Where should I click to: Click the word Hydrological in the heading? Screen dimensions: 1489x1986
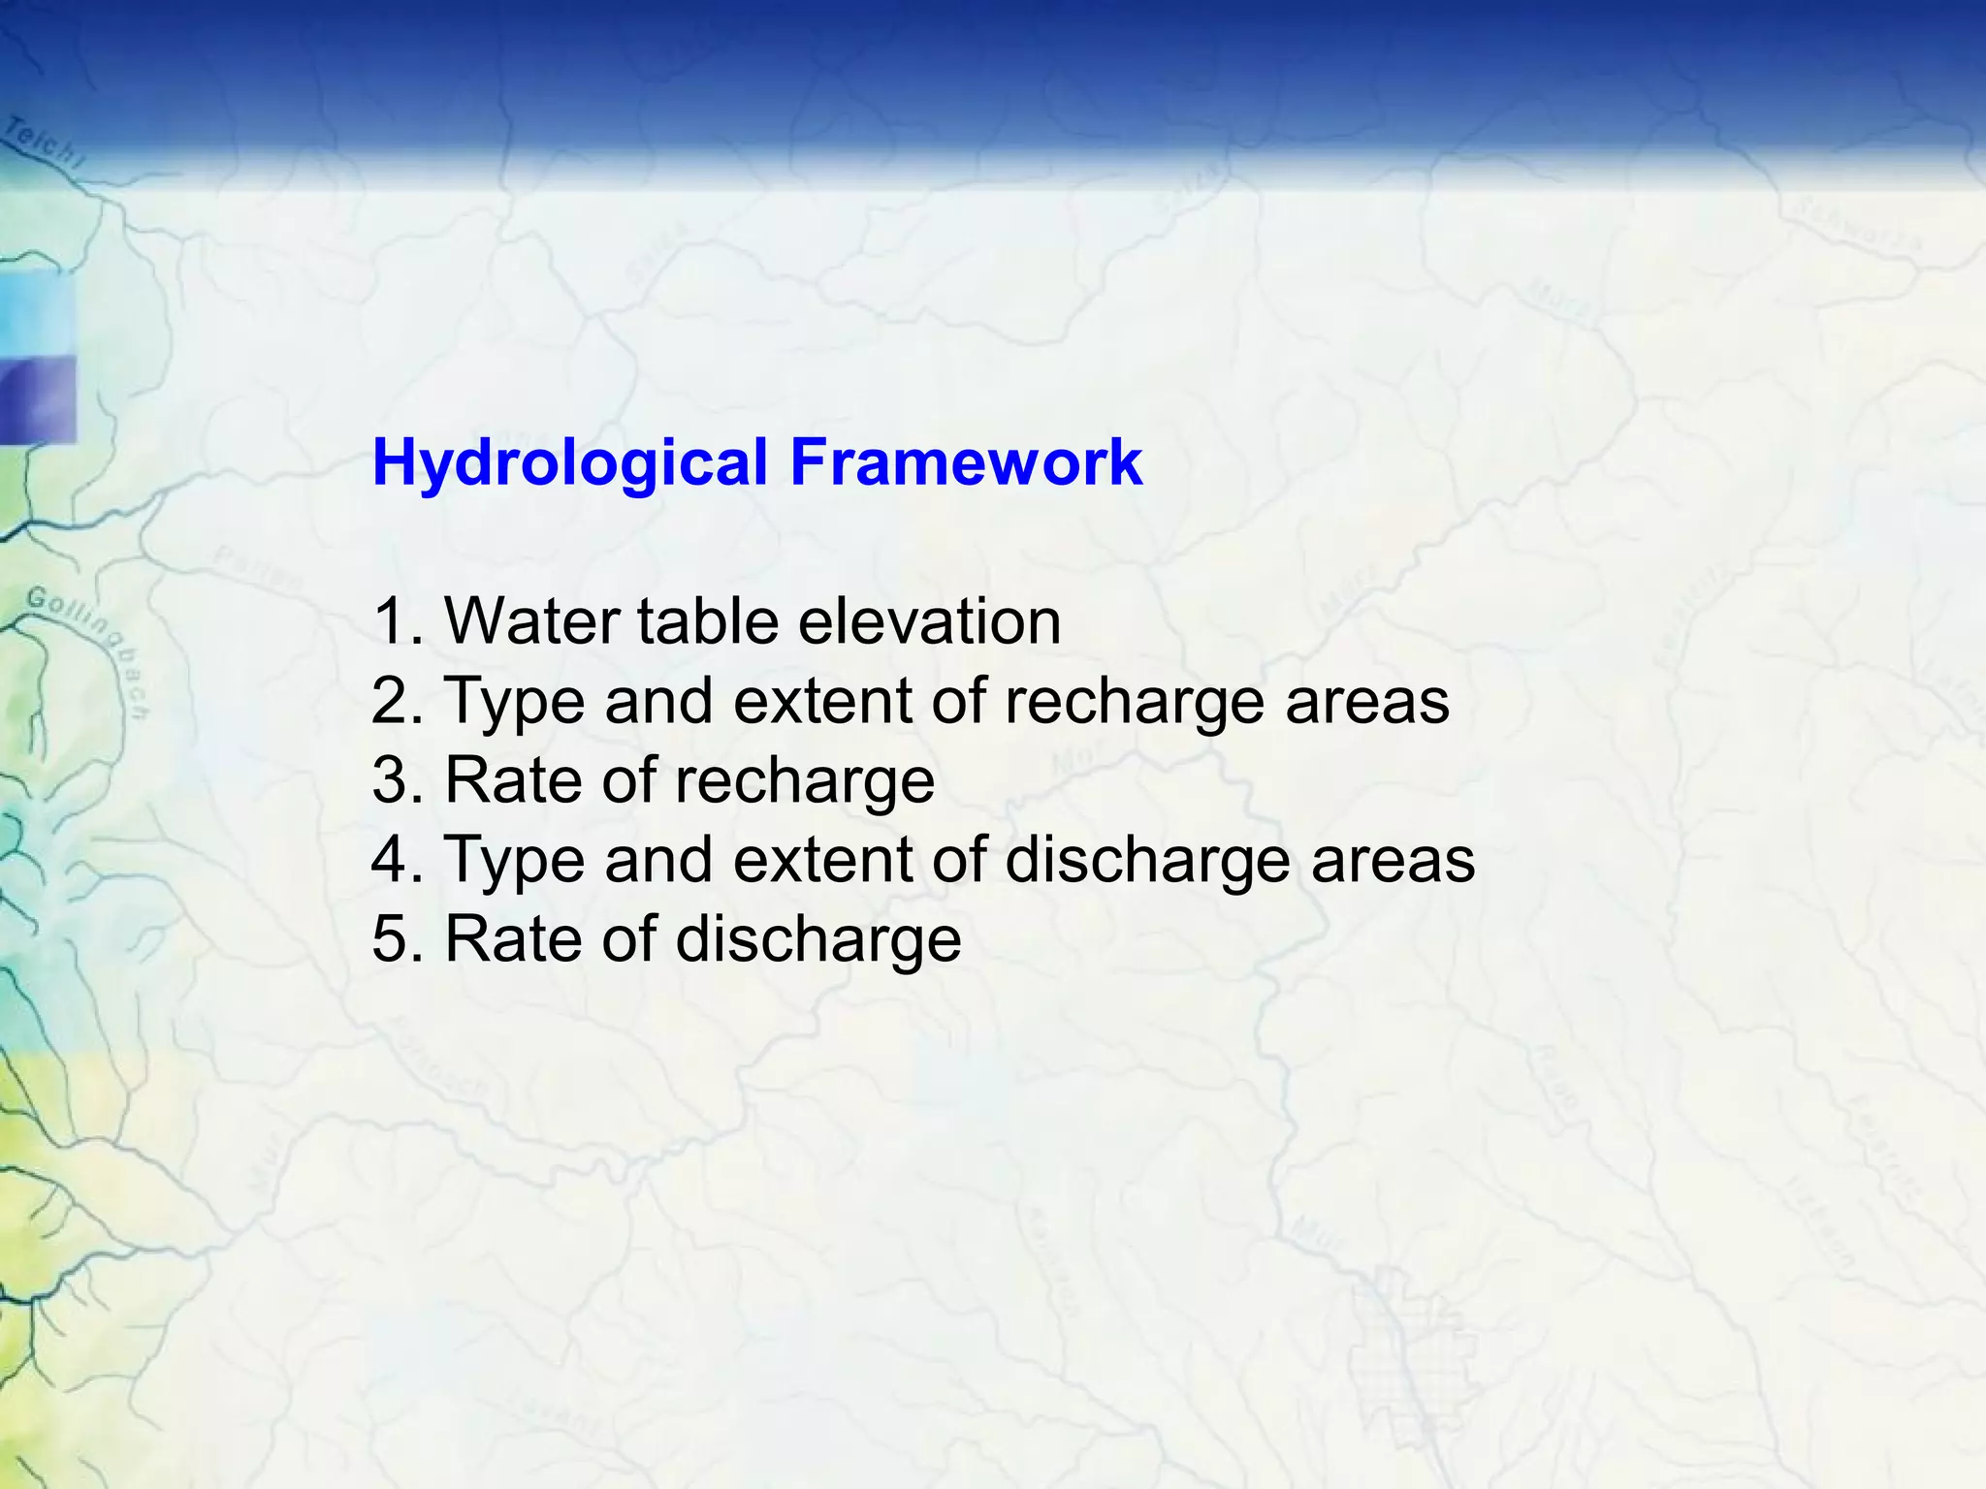tap(570, 462)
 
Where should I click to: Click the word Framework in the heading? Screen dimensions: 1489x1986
tap(966, 462)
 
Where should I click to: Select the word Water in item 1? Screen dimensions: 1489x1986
tap(530, 620)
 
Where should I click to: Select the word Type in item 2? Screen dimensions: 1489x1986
tap(515, 702)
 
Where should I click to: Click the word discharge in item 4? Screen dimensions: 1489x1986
tap(1146, 861)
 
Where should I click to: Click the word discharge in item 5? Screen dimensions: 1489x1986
tap(817, 940)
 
